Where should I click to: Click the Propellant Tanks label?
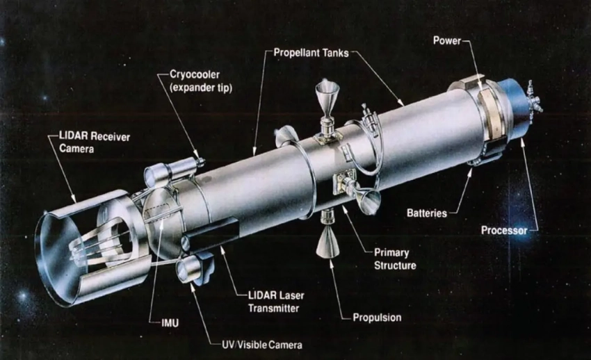click(x=311, y=53)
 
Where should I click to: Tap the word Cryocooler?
click(x=195, y=74)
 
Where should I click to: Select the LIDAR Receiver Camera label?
click(x=95, y=142)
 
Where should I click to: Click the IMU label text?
click(x=170, y=323)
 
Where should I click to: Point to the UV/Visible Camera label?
click(x=261, y=345)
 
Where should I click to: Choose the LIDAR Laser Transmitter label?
click(x=276, y=302)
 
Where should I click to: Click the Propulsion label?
click(x=377, y=318)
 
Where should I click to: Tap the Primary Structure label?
click(x=395, y=259)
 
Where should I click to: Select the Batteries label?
click(x=427, y=213)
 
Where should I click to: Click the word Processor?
click(x=504, y=230)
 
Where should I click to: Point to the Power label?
click(x=446, y=40)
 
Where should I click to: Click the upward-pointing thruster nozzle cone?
click(x=327, y=93)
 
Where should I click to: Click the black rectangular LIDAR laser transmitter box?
click(x=211, y=233)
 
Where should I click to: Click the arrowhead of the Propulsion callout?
click(x=331, y=263)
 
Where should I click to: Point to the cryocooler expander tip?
click(x=200, y=161)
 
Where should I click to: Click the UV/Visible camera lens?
click(x=184, y=270)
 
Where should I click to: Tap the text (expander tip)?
click(x=201, y=88)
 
